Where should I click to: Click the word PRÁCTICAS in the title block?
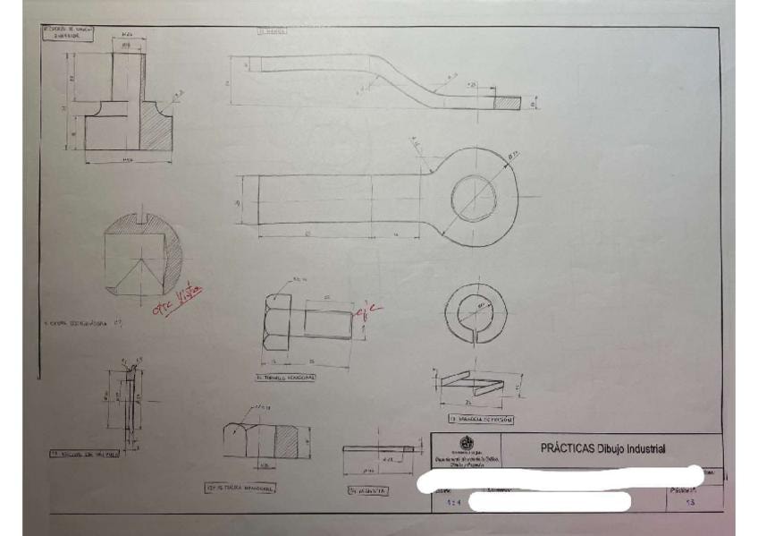click(569, 448)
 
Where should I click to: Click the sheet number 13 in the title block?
click(688, 506)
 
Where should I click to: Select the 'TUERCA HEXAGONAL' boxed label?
click(240, 489)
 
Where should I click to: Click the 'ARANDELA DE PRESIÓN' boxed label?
click(481, 419)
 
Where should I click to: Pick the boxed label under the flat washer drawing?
click(366, 490)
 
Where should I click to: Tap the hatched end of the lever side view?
click(507, 103)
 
